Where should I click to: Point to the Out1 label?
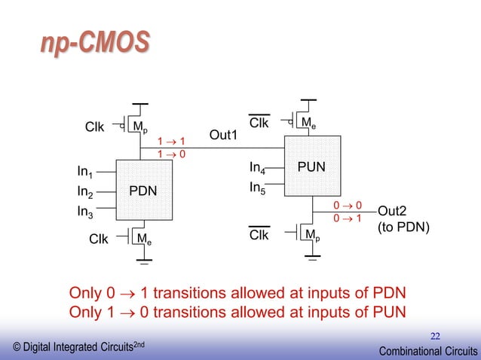coord(223,135)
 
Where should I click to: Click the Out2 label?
coord(393,211)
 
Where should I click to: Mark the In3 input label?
coord(86,212)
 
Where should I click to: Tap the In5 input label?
coord(259,187)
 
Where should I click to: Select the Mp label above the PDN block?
coord(141,127)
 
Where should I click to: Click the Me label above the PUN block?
coord(309,122)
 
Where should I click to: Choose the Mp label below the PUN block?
coord(311,236)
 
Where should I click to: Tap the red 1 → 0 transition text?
coord(171,154)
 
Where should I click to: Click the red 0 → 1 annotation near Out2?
coord(348,218)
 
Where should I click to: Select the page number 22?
coord(435,336)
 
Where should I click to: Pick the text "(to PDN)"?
coord(403,224)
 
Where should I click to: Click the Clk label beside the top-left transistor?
coord(94,127)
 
